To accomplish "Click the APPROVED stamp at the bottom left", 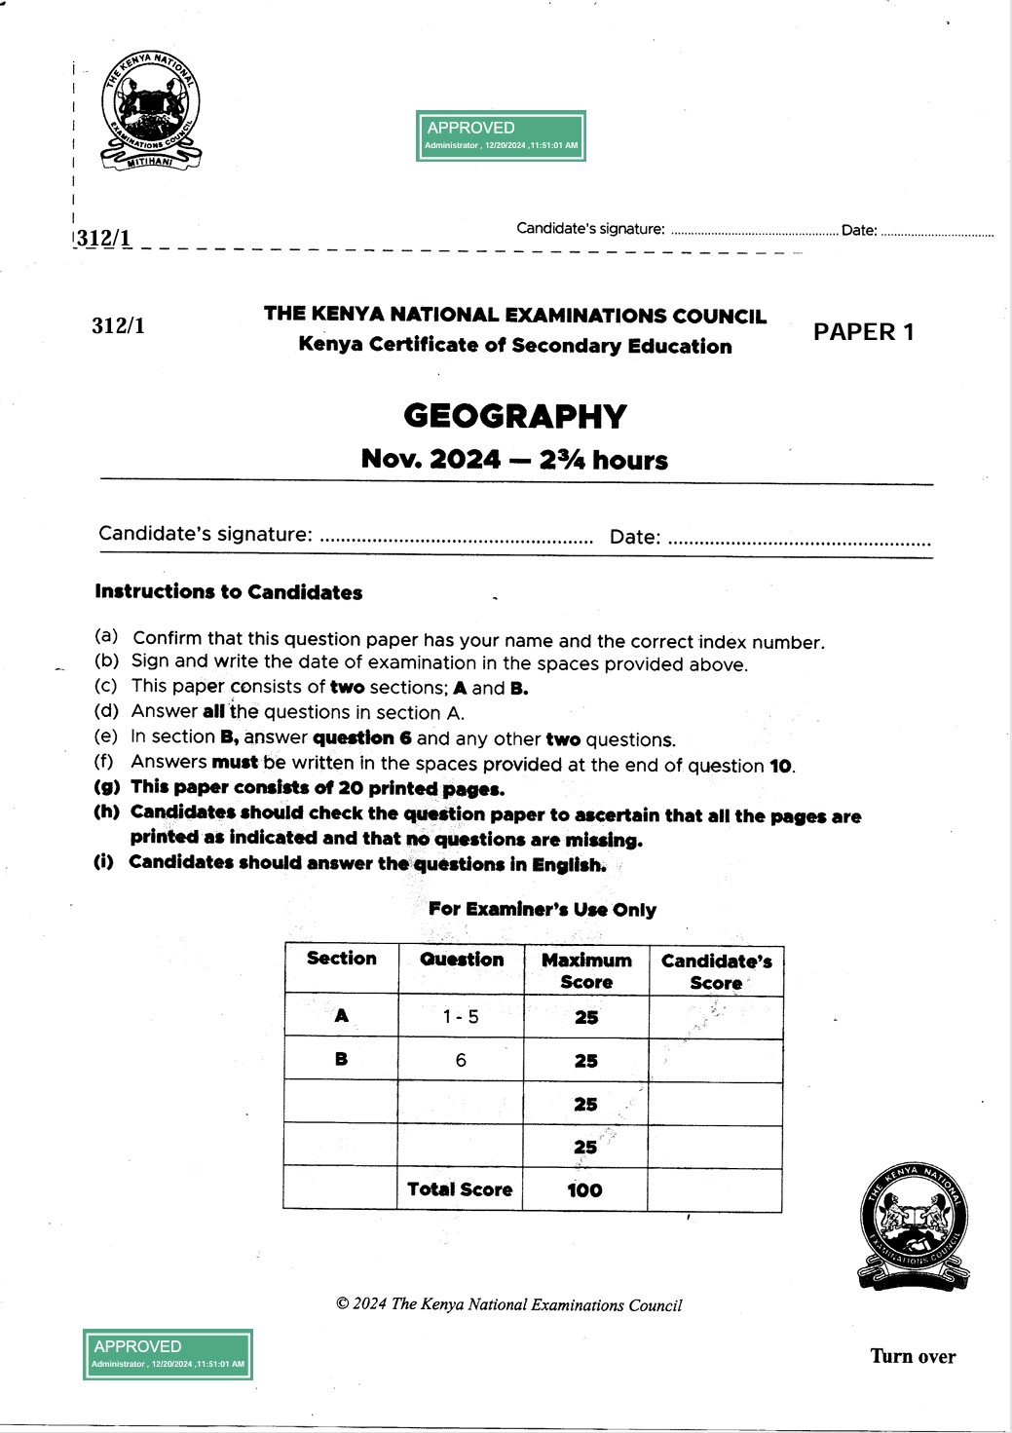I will tap(168, 1354).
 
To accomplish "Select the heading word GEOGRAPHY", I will tap(515, 416).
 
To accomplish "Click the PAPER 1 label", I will tap(863, 332).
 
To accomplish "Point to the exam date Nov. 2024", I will tap(431, 459).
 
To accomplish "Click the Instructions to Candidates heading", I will tap(229, 592).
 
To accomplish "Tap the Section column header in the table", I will tap(341, 959).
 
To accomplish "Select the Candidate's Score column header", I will tap(716, 971).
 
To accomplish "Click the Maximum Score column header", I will tap(586, 971).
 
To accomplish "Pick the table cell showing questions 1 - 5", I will tap(461, 1017).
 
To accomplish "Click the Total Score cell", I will tap(460, 1189).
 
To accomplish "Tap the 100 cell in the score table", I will tap(584, 1189).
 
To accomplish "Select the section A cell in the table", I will tap(341, 1016).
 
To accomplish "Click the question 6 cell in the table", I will tap(461, 1060).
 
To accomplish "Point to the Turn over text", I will tap(913, 1356).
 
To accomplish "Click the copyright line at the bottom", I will tap(508, 1305).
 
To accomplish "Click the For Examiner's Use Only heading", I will tap(543, 910).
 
